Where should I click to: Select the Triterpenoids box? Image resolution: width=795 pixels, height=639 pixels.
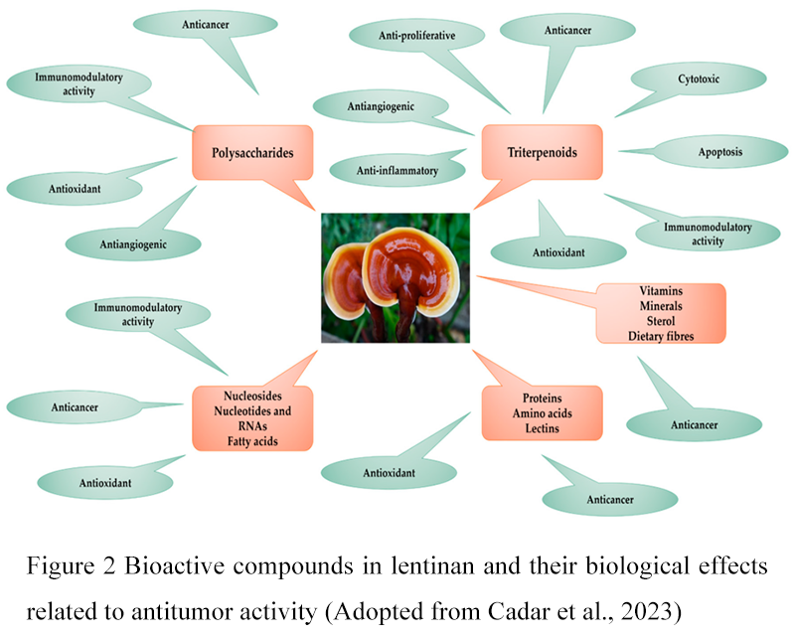coord(542,154)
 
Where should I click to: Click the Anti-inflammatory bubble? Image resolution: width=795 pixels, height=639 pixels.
coord(397,171)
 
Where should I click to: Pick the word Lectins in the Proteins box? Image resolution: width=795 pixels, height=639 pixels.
coord(541,427)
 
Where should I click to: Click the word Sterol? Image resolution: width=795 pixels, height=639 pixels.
coord(661,322)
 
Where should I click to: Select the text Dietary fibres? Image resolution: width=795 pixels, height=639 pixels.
coord(661,337)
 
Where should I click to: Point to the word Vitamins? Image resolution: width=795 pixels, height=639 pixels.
coord(661,291)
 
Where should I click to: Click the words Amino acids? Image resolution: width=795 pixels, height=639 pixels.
coord(541,412)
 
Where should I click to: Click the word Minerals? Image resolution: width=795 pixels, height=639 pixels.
coord(661,306)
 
